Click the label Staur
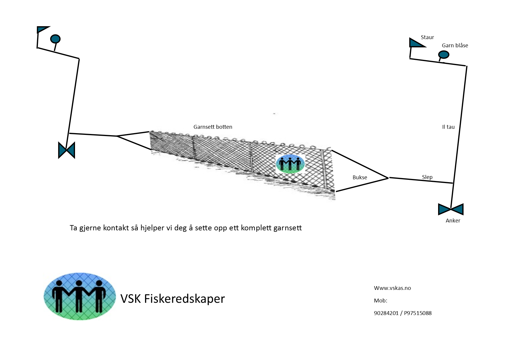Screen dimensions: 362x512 427,37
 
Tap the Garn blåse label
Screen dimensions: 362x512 455,46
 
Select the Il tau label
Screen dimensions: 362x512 448,127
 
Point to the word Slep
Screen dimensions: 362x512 427,177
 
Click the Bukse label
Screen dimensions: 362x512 360,177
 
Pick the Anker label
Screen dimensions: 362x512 453,221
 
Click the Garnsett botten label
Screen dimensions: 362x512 213,127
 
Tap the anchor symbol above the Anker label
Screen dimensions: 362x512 451,209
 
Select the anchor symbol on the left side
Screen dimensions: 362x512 67,150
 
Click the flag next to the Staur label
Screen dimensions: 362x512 416,43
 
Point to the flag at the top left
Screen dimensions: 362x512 42,29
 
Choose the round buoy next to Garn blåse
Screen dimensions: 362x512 444,55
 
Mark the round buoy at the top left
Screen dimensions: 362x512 55,39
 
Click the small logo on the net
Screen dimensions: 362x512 290,164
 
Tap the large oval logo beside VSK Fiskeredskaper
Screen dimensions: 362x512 79,296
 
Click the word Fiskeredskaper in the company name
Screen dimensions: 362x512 184,299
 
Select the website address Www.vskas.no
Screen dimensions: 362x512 392,288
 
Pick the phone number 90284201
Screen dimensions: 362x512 386,313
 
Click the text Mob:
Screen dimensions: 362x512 380,301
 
